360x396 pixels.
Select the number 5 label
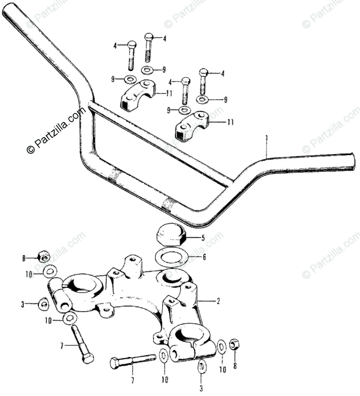tap(203, 238)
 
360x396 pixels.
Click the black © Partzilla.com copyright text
tap(56, 130)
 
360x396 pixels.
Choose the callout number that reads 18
tap(164, 380)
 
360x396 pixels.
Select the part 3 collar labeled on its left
tap(43, 304)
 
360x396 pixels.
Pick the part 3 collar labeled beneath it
tap(202, 366)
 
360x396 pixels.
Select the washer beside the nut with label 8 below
tap(222, 347)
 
